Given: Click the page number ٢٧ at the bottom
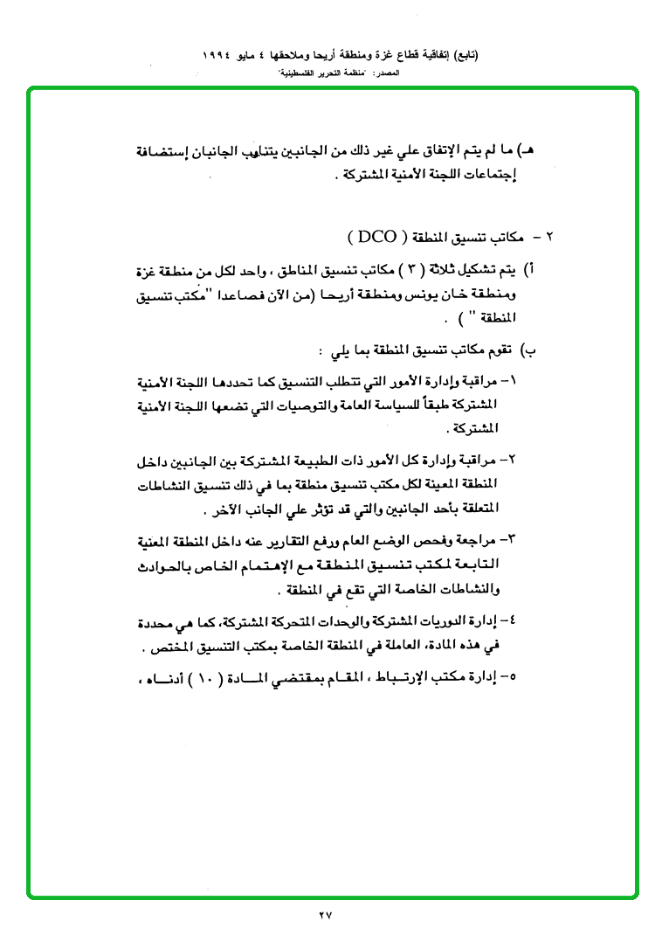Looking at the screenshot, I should point(327,915).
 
